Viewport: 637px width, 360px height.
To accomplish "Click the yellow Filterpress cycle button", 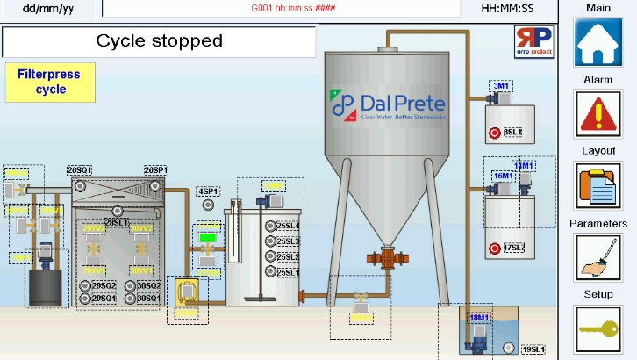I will [50, 82].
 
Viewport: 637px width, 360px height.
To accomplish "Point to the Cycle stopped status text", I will [159, 41].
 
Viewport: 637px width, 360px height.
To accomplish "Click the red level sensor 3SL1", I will [496, 133].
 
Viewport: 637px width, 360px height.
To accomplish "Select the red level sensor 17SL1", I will [496, 248].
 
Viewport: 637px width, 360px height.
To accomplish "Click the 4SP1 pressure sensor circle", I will [208, 205].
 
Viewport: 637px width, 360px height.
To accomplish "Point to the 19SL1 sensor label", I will [533, 350].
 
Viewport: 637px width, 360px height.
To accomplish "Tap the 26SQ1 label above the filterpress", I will [80, 169].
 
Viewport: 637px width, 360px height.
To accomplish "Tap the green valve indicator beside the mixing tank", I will [208, 236].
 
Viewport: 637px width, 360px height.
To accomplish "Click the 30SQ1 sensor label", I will [148, 299].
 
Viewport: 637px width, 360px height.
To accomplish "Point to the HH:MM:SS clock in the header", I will [508, 9].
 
